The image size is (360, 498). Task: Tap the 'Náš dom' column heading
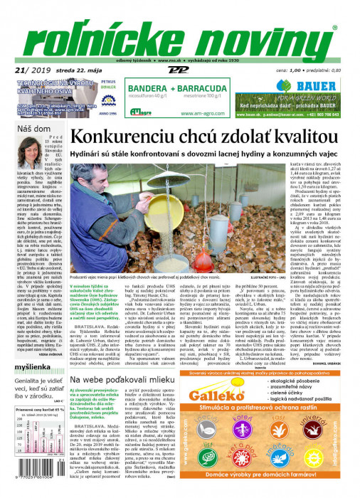pyautogui.click(x=34, y=129)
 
